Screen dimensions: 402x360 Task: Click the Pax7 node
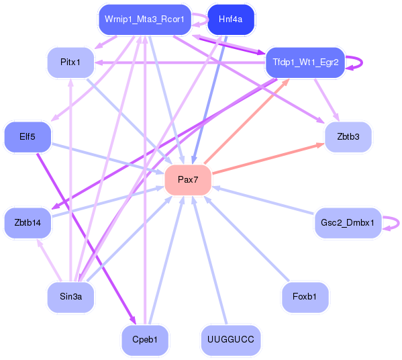(188, 180)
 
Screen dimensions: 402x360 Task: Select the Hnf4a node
(230, 19)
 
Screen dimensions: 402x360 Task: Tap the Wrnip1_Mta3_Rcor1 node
(145, 19)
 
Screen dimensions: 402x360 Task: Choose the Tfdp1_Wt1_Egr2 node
(305, 62)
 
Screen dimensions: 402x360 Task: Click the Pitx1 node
(70, 62)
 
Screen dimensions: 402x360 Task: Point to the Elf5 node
(28, 137)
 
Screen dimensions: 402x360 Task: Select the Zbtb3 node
(348, 137)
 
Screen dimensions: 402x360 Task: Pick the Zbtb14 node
(28, 223)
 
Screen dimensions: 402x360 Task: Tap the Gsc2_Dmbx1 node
(348, 223)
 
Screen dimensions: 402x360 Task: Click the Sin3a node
(70, 297)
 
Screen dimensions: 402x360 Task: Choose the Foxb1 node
(305, 297)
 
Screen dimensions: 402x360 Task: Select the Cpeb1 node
(145, 340)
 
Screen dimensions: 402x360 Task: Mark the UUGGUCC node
(230, 340)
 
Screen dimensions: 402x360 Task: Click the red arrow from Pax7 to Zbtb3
(268, 159)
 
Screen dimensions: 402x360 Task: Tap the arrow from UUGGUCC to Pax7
(209, 260)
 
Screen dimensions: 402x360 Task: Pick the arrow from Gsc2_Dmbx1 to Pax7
(263, 201)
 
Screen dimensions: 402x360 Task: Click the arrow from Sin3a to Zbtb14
(49, 260)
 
